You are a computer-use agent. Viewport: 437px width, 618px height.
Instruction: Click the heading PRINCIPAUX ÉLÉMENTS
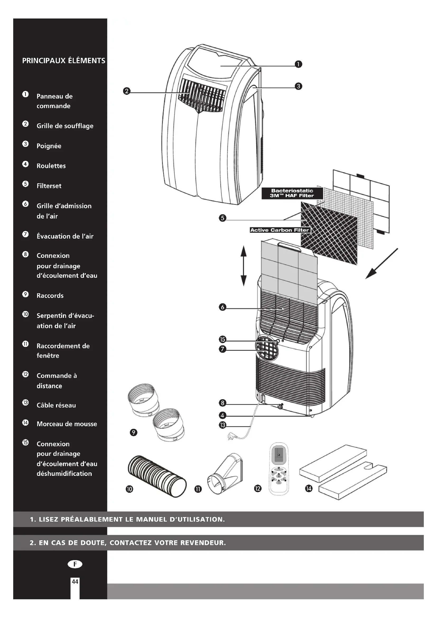[x=63, y=61]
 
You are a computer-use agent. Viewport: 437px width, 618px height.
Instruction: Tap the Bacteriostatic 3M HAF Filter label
[x=292, y=193]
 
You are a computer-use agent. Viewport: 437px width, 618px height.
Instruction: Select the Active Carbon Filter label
[x=280, y=230]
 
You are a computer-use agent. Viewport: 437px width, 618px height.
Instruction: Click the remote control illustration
[x=278, y=469]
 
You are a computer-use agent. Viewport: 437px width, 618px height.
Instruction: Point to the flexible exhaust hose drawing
[x=157, y=476]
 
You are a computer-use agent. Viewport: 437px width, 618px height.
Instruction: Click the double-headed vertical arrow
[x=243, y=266]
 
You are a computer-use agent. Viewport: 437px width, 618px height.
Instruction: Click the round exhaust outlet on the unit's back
[x=266, y=348]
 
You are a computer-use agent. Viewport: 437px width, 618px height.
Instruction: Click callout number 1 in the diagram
[x=298, y=64]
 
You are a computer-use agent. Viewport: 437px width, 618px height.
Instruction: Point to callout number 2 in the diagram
[x=127, y=91]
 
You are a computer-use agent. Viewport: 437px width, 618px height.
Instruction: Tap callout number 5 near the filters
[x=222, y=218]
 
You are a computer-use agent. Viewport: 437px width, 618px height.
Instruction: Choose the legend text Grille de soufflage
[x=65, y=126]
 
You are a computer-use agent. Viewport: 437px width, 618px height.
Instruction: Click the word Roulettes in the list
[x=51, y=166]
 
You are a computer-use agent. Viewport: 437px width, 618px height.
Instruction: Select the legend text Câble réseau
[x=56, y=405]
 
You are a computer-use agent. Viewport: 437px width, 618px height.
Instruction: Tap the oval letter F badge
[x=75, y=564]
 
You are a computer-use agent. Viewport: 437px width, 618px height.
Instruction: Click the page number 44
[x=75, y=582]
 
